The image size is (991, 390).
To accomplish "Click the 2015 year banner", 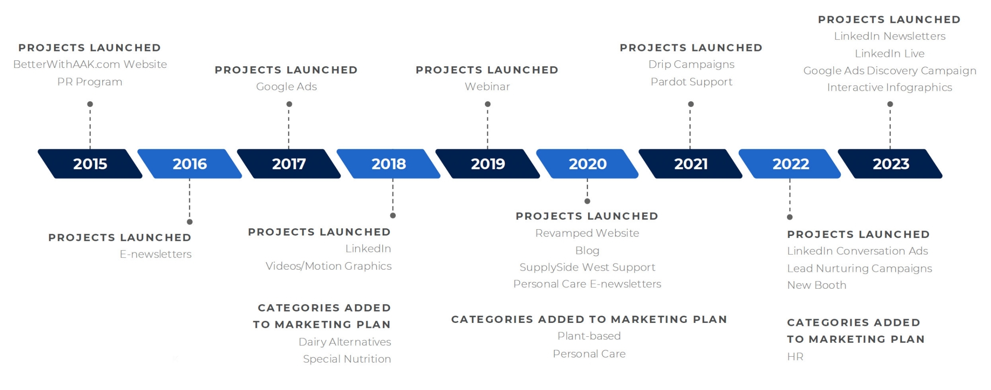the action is (90, 164).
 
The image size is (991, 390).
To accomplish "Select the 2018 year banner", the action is (389, 164).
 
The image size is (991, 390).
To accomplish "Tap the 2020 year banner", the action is (588, 164).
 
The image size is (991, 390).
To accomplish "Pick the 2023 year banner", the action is (890, 164).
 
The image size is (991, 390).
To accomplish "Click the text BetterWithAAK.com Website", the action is (90, 64).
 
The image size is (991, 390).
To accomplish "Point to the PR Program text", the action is (90, 82).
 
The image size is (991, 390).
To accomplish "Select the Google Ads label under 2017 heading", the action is (286, 87).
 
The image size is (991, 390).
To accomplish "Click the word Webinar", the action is (487, 87).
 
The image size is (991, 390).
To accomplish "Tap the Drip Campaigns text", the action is (692, 65).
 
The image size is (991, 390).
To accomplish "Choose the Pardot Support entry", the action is (692, 82).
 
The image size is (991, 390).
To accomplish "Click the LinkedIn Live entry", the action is (890, 54).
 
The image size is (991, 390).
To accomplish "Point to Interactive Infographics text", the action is (890, 87).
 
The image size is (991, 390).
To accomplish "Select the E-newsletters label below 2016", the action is (156, 254).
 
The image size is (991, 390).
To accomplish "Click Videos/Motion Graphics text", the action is (329, 266).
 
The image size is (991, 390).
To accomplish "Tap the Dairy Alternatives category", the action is (345, 342).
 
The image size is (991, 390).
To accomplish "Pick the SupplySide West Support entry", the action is (588, 267).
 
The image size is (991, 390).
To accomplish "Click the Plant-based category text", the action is (589, 336).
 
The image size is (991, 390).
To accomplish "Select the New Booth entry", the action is (817, 285).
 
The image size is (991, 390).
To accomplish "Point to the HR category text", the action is (795, 357).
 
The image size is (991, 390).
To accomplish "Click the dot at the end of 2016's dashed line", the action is (190, 222).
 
